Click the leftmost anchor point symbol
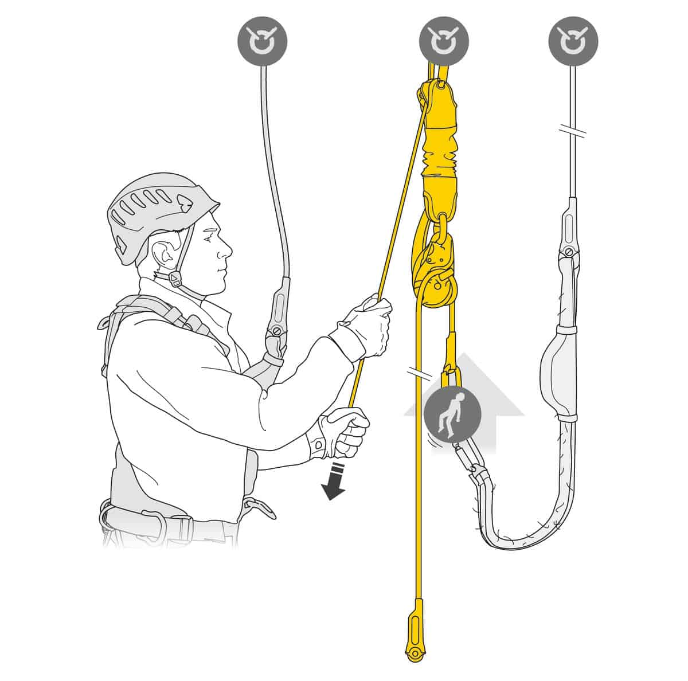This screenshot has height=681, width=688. tap(263, 41)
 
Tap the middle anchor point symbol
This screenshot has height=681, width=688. tap(444, 41)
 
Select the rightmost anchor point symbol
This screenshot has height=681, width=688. tap(573, 41)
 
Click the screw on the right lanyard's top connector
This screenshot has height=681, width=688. tap(568, 251)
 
